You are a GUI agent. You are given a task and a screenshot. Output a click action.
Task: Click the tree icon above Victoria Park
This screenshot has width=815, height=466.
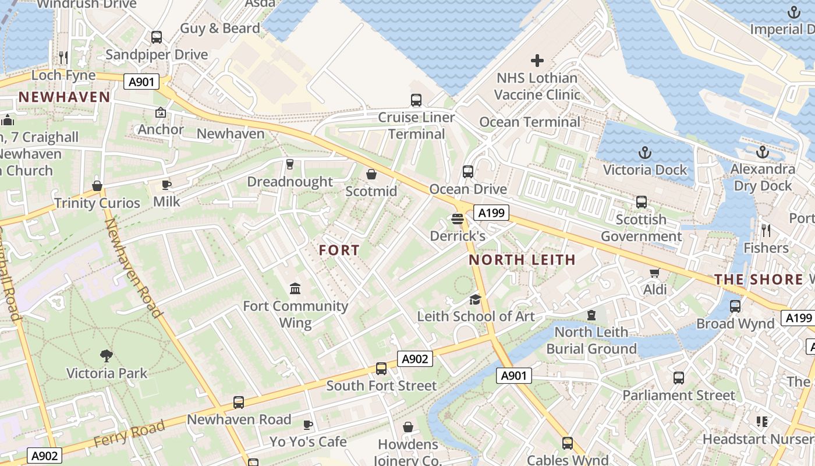pyautogui.click(x=106, y=355)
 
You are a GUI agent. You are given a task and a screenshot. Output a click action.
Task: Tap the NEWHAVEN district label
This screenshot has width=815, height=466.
pyautogui.click(x=64, y=97)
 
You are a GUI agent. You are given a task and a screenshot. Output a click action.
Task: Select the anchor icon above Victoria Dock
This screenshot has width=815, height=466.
pyautogui.click(x=644, y=153)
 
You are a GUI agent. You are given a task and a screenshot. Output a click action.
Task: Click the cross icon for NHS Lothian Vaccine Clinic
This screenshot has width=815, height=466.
pyautogui.click(x=537, y=60)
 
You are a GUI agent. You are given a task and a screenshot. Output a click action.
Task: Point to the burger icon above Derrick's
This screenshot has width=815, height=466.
pyautogui.click(x=458, y=219)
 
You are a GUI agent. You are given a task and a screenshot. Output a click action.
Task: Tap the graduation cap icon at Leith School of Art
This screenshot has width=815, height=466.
pyautogui.click(x=476, y=299)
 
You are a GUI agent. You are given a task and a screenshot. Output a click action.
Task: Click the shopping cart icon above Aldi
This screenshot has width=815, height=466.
pyautogui.click(x=654, y=273)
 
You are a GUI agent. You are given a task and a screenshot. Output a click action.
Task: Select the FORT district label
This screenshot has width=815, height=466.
pyautogui.click(x=339, y=250)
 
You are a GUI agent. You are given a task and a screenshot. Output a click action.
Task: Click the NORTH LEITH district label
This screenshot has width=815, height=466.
pyautogui.click(x=522, y=260)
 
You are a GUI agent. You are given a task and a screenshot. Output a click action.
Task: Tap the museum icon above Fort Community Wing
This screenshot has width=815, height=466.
pyautogui.click(x=295, y=288)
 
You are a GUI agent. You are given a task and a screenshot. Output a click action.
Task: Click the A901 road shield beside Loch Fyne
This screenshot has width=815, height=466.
pyautogui.click(x=141, y=82)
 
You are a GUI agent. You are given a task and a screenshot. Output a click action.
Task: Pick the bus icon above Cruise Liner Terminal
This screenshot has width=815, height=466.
pyautogui.click(x=416, y=100)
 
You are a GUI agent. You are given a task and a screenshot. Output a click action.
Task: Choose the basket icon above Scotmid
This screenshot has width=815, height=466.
pyautogui.click(x=371, y=174)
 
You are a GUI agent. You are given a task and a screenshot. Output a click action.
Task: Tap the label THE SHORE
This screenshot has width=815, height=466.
pyautogui.click(x=759, y=280)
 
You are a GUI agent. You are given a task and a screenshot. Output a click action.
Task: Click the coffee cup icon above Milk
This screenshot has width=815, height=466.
pyautogui.click(x=166, y=185)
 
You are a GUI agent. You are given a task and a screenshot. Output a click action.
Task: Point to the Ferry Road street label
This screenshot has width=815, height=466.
pyautogui.click(x=129, y=435)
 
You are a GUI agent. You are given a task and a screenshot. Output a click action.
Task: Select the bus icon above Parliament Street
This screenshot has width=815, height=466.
pyautogui.click(x=679, y=378)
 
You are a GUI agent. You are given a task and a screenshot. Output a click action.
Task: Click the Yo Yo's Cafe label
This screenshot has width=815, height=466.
pyautogui.click(x=308, y=442)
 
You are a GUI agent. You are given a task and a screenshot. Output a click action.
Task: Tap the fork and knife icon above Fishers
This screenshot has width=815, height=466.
pyautogui.click(x=766, y=231)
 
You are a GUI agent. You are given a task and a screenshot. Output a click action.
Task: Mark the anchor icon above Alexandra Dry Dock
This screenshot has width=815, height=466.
pyautogui.click(x=763, y=152)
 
